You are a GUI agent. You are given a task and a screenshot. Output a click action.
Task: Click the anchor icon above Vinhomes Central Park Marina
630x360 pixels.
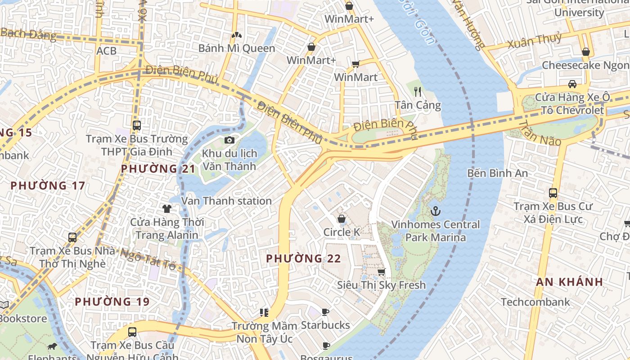(x=435, y=211)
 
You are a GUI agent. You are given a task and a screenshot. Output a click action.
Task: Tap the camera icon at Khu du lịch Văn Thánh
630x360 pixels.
(x=229, y=140)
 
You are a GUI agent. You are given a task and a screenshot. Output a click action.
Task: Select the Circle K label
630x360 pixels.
(x=342, y=232)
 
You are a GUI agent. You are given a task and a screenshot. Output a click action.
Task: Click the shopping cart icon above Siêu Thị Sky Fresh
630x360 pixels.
(x=382, y=272)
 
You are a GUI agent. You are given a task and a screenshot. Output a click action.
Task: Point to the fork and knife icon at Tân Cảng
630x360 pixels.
(x=418, y=92)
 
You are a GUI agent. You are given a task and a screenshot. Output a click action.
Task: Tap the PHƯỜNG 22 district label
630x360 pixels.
(x=303, y=259)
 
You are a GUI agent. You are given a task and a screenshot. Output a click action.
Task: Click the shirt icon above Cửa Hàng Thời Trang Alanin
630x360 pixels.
(x=167, y=208)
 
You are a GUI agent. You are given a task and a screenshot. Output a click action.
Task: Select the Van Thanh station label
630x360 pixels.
(x=226, y=201)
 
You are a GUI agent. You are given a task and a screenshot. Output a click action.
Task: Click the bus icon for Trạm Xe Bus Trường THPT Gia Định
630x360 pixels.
(x=137, y=126)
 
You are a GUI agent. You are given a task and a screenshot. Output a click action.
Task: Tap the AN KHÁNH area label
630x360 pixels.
(x=569, y=282)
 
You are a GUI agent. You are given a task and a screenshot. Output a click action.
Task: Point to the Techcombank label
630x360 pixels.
(x=535, y=302)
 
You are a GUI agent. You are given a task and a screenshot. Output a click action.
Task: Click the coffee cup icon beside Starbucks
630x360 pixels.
(x=325, y=312)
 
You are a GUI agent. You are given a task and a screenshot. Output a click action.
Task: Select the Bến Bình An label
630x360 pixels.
(x=497, y=173)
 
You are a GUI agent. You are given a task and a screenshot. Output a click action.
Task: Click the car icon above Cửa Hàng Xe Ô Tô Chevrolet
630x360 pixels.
(x=572, y=84)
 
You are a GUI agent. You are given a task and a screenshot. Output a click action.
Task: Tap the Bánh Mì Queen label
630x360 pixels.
(x=237, y=48)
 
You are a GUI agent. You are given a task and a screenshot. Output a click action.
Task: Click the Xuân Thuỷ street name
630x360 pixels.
(x=535, y=41)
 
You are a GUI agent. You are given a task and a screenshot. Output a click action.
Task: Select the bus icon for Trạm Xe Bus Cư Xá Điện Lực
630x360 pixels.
(x=553, y=193)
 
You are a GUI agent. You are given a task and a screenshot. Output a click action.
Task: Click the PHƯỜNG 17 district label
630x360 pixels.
(x=48, y=185)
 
